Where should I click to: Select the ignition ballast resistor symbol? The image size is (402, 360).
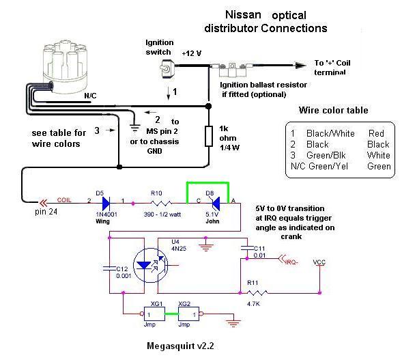pyautogui.click(x=234, y=70)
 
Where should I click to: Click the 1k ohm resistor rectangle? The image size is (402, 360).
pyautogui.click(x=209, y=137)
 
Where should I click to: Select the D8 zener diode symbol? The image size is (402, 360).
pyautogui.click(x=214, y=202)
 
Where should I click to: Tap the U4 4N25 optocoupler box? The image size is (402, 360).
pyautogui.click(x=149, y=263)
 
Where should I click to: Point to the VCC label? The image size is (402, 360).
pyautogui.click(x=319, y=262)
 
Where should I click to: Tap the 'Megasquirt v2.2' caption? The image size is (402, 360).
pyautogui.click(x=182, y=345)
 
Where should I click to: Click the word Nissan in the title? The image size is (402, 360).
pyautogui.click(x=246, y=14)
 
